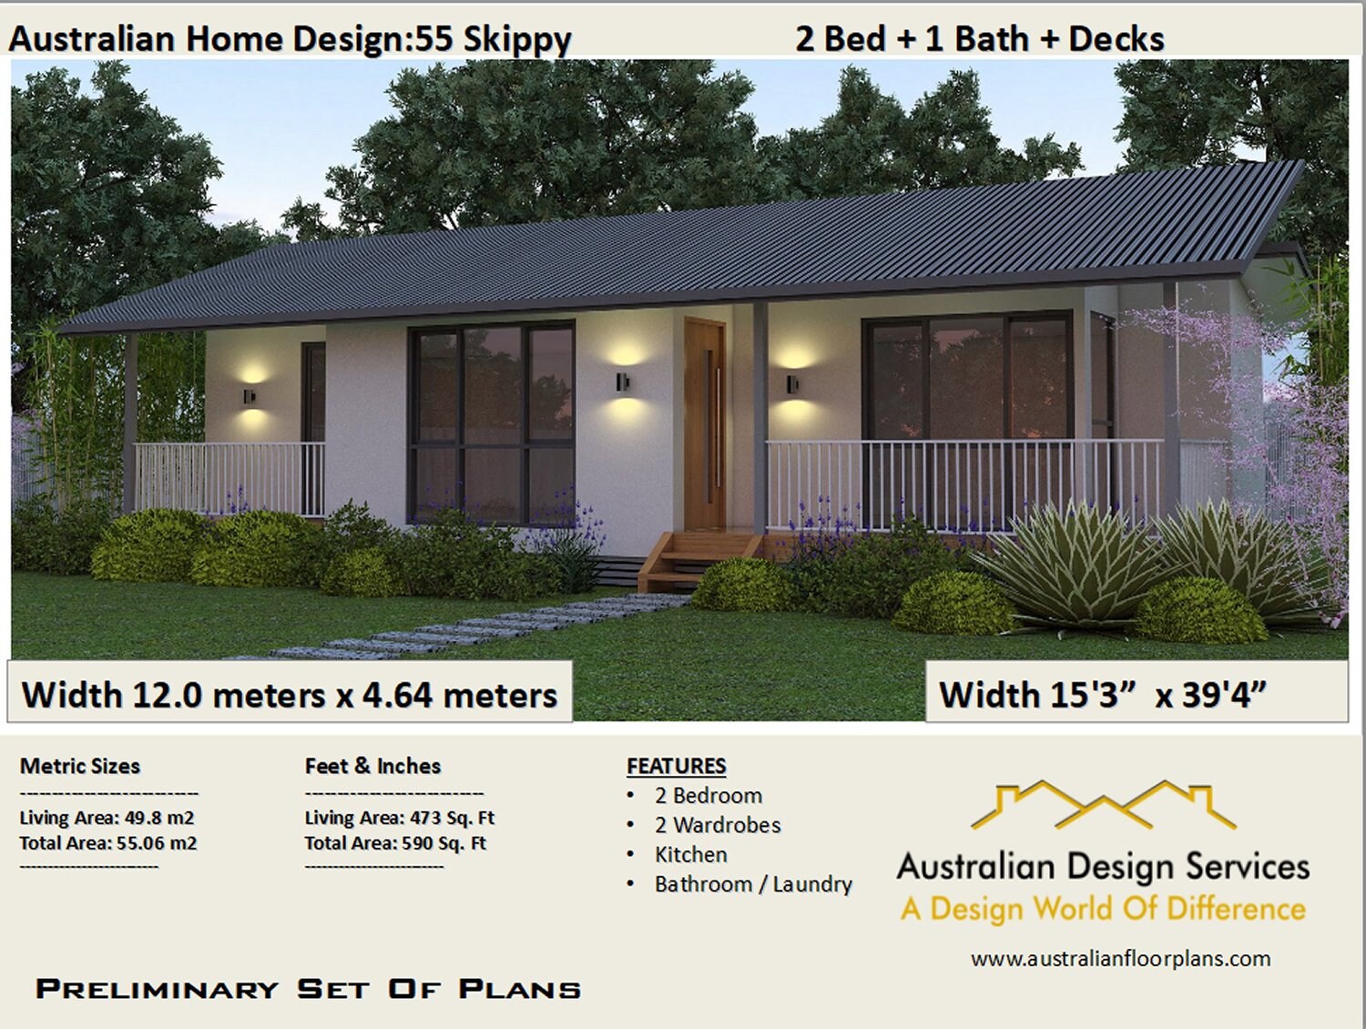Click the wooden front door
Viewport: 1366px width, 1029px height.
tap(705, 423)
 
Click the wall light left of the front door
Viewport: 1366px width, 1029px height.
tap(622, 381)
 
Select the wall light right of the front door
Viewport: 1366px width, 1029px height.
tap(792, 383)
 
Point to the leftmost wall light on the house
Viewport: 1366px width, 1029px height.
tap(249, 396)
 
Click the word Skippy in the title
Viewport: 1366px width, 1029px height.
tap(516, 40)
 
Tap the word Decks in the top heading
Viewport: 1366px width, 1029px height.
tap(1116, 39)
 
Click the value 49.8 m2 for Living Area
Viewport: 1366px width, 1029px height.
tap(159, 818)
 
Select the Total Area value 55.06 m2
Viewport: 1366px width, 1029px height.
tap(156, 843)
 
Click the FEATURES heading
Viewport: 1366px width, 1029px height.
tap(677, 766)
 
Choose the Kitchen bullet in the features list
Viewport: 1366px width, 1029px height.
tap(690, 854)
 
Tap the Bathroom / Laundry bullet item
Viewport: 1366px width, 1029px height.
tap(753, 884)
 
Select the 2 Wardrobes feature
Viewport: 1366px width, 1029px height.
tap(718, 825)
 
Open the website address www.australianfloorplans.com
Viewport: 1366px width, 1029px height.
tap(1120, 958)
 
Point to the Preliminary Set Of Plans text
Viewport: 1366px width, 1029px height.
tap(308, 989)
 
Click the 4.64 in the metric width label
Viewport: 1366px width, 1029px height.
tap(396, 696)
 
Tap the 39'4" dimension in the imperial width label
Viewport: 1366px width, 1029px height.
tap(1224, 696)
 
